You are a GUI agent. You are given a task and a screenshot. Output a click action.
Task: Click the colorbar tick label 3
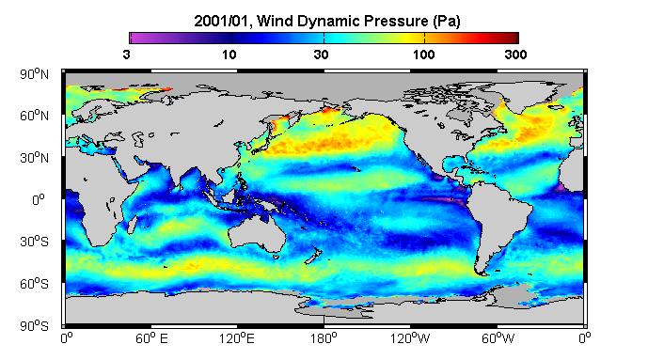(x=126, y=55)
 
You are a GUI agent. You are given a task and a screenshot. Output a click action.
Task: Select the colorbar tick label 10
(x=229, y=55)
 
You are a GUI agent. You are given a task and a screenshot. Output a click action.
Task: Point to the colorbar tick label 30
(x=321, y=55)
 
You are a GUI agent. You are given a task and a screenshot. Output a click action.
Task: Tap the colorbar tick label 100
(x=424, y=55)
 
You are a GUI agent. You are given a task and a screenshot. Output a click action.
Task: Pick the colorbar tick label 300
(x=515, y=55)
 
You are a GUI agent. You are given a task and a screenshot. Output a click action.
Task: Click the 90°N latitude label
(x=34, y=74)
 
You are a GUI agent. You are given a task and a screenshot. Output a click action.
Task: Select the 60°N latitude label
(x=34, y=116)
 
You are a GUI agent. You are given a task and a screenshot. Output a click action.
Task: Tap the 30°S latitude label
(x=34, y=242)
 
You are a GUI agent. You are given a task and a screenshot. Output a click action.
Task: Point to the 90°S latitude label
(x=34, y=326)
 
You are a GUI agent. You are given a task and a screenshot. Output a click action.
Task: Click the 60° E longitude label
(x=151, y=339)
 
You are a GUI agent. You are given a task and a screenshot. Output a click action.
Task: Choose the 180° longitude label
(x=324, y=339)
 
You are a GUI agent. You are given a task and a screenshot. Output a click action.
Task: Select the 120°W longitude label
(x=410, y=339)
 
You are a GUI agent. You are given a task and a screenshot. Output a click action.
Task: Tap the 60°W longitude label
(x=498, y=339)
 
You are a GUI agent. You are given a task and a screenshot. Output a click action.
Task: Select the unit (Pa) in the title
(x=447, y=22)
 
